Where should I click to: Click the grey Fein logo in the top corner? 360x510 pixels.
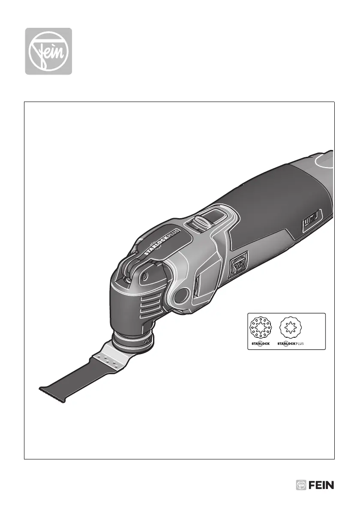point(49,51)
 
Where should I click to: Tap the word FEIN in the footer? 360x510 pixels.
point(321,485)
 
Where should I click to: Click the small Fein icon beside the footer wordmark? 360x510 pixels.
point(301,485)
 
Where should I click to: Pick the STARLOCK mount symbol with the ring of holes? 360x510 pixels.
point(261,328)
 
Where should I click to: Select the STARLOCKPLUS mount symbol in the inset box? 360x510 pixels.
point(291,327)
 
